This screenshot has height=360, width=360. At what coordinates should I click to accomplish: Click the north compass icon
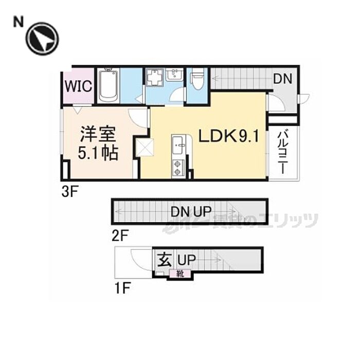(x=43, y=38)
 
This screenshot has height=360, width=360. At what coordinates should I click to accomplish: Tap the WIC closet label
(x=78, y=86)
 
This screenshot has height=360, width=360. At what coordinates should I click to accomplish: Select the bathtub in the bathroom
(x=109, y=85)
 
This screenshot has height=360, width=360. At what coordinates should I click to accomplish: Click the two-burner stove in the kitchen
(x=178, y=167)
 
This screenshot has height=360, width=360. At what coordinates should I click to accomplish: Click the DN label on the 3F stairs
(x=282, y=79)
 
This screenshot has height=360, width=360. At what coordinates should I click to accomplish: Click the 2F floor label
(x=119, y=237)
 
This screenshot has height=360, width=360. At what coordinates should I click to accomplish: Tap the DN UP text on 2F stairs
(x=187, y=211)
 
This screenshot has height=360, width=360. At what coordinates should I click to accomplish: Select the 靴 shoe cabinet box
(x=181, y=274)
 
